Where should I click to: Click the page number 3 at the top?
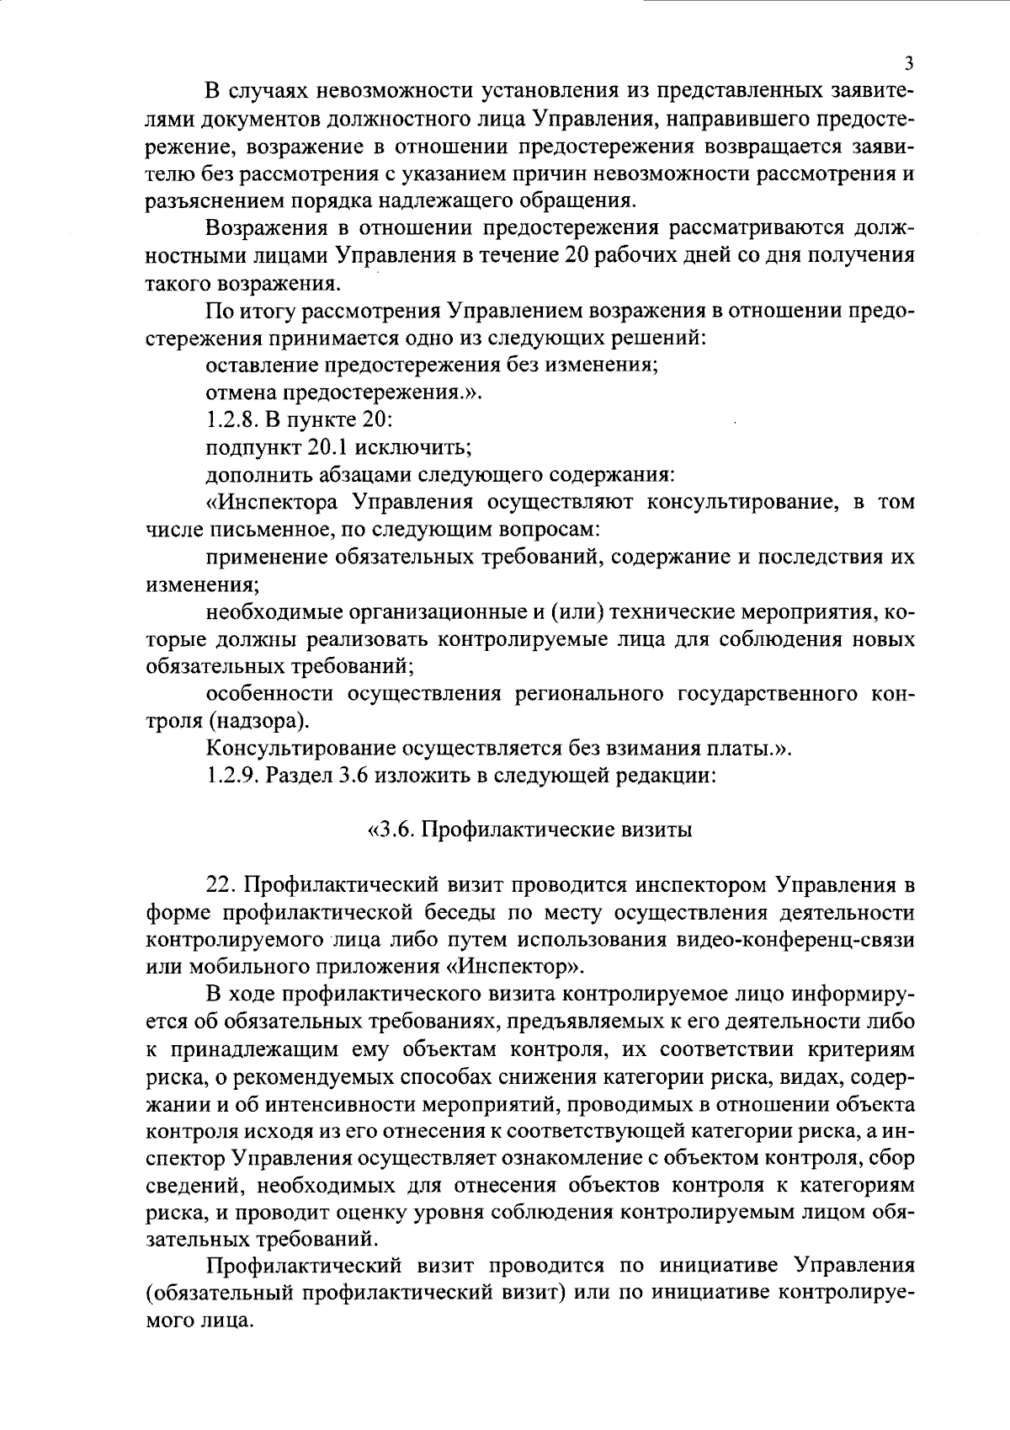click(x=907, y=64)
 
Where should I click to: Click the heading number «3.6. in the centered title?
click(x=392, y=830)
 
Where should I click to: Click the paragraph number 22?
click(x=221, y=885)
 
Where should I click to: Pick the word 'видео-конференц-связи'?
click(x=796, y=939)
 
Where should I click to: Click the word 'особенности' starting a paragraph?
click(x=268, y=693)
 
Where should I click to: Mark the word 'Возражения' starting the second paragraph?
click(x=272, y=228)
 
